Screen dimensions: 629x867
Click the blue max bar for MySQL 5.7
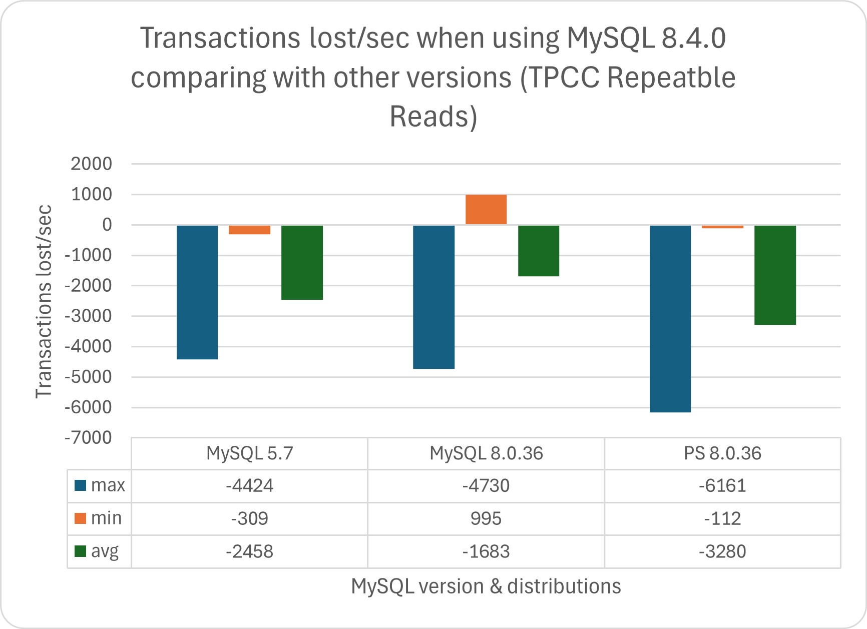[197, 292]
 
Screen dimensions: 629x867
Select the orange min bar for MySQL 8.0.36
[486, 209]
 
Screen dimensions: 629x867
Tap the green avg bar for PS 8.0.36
[775, 275]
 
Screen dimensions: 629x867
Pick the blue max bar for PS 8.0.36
[670, 318]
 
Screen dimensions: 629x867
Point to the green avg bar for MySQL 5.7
[302, 262]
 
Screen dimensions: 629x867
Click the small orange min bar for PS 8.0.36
[722, 227]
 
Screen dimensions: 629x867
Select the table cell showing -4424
[249, 485]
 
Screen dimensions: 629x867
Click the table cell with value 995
[486, 518]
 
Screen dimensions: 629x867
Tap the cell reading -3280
[722, 551]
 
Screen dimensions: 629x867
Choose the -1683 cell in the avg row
[486, 551]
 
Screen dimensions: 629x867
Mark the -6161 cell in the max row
[722, 485]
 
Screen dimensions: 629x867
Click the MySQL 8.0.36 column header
[486, 453]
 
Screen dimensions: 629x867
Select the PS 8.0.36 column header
[722, 453]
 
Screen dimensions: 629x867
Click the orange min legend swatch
[80, 518]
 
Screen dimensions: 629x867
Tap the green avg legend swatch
[80, 551]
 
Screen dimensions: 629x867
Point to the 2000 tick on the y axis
[92, 164]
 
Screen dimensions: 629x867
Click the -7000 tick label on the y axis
[88, 438]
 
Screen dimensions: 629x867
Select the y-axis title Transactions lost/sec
[44, 301]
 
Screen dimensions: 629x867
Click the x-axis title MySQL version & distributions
[486, 586]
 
